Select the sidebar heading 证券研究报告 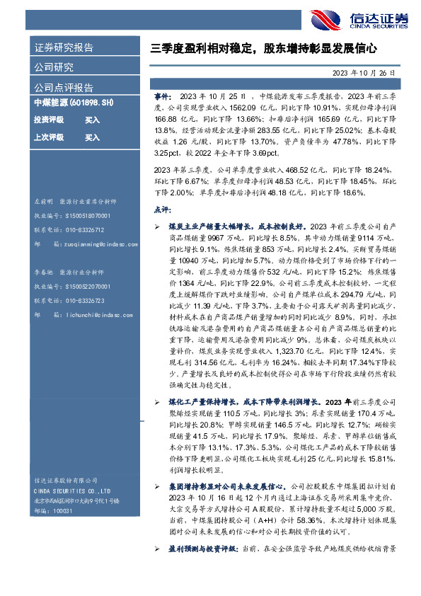point(64,48)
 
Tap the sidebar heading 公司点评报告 point(64,88)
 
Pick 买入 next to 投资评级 point(92,120)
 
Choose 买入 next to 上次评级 point(92,137)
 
